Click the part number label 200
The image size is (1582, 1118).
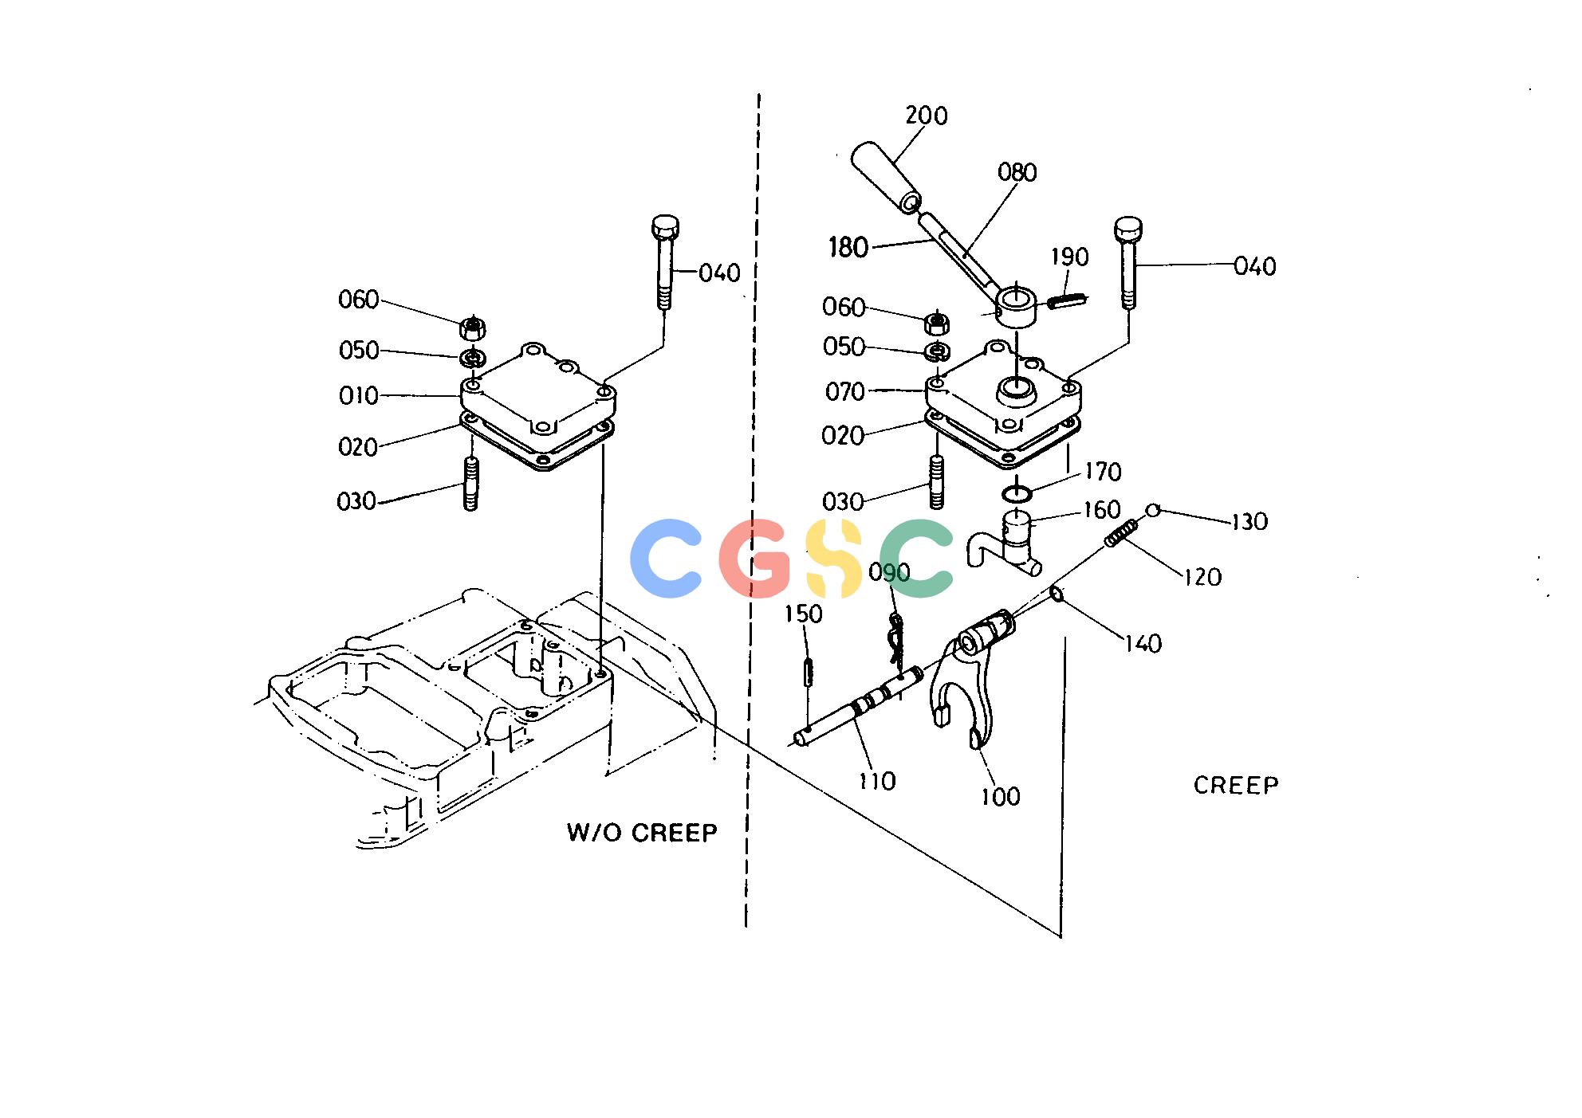[926, 116]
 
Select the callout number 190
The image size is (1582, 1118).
[1069, 257]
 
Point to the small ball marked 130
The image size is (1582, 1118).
[1153, 510]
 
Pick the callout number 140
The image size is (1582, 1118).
[1143, 644]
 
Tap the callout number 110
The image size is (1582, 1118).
[877, 781]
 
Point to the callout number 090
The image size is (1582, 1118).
[889, 573]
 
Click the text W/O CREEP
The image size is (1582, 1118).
[642, 833]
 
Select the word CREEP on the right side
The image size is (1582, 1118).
[1236, 786]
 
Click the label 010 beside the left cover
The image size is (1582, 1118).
[359, 396]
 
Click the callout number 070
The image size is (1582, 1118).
[845, 392]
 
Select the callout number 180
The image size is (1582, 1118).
[848, 248]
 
